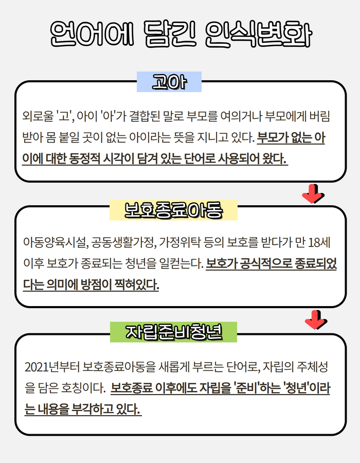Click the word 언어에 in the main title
click(x=92, y=34)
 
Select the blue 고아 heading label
click(x=169, y=82)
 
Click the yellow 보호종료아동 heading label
click(x=173, y=210)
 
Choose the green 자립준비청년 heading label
click(x=173, y=332)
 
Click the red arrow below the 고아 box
click(x=313, y=194)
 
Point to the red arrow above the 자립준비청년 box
click(x=316, y=320)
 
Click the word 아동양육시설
click(x=56, y=243)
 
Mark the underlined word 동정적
click(x=85, y=159)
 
